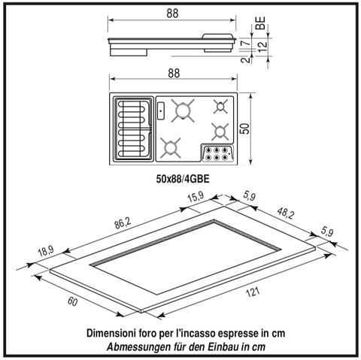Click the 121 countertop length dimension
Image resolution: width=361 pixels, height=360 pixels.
coord(253,292)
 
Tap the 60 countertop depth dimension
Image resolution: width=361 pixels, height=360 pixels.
coord(72,302)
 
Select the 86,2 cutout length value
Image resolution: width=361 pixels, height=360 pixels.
coord(123,223)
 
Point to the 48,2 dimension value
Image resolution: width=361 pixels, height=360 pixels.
coord(286,213)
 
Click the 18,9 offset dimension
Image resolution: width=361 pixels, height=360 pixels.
coord(46,251)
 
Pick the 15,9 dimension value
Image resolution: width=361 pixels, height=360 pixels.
coord(196,197)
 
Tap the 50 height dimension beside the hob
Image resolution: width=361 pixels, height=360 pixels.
coord(246,129)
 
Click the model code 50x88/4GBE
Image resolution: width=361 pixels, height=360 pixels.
coord(183,179)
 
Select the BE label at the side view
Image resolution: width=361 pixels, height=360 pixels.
coord(261,23)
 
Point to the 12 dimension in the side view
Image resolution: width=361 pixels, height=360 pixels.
coord(262,47)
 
